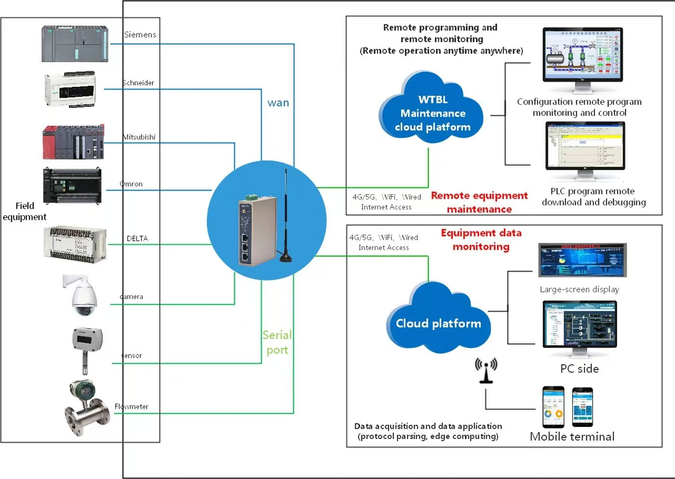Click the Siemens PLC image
tap(75, 44)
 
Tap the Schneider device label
tap(138, 83)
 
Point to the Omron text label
tap(131, 184)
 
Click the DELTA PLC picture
tap(75, 244)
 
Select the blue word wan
tap(278, 103)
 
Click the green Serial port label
tap(277, 343)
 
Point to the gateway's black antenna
tap(285, 217)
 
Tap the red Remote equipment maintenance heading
tap(479, 202)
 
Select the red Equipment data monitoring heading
tap(481, 239)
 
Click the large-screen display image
tap(582, 260)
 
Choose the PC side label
tap(580, 369)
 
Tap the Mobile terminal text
tap(572, 437)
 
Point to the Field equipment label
tap(25, 211)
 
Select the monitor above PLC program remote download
tap(585, 147)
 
